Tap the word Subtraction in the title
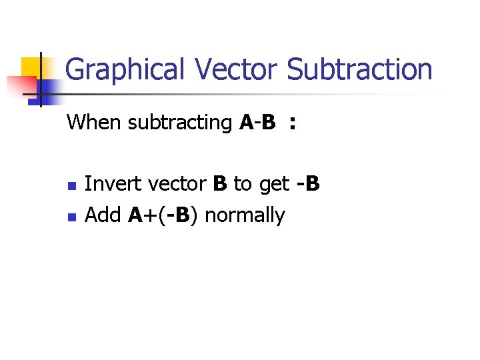[359, 70]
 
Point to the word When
[94, 123]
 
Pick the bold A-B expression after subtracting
[257, 123]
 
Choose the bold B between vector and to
[220, 183]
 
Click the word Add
[103, 215]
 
